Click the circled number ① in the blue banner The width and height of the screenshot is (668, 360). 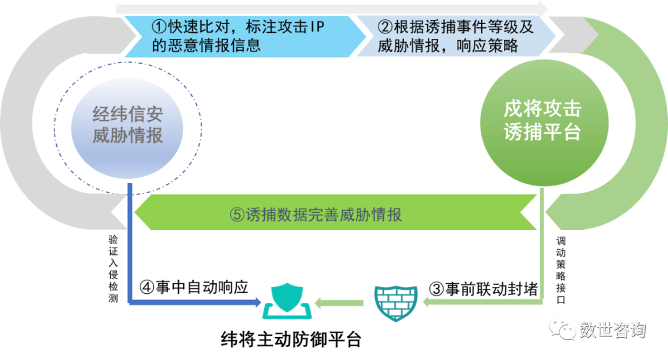(x=159, y=27)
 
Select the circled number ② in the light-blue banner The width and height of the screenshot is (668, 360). (x=385, y=27)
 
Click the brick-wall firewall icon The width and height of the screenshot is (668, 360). (x=396, y=301)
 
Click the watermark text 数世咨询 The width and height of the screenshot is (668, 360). (x=612, y=330)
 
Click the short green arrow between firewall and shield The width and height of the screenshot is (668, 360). (x=339, y=302)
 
